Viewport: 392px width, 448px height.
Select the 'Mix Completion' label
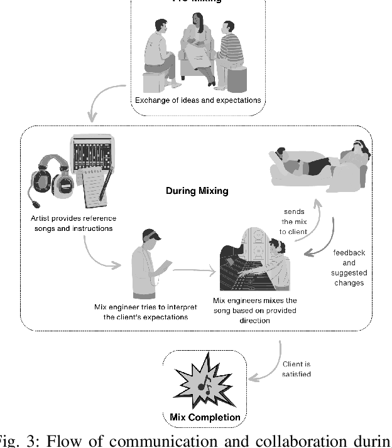pos(204,417)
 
